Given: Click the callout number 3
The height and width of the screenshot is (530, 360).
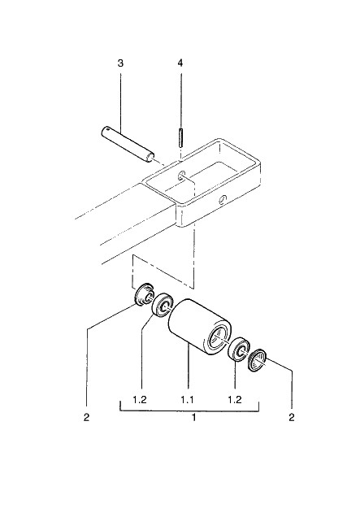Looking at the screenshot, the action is (x=120, y=63).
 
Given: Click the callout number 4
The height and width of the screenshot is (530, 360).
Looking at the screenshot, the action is (x=180, y=63).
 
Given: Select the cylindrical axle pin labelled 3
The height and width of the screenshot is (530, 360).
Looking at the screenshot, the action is (x=128, y=145).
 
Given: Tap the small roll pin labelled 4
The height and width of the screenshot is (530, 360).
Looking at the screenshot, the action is (x=181, y=137).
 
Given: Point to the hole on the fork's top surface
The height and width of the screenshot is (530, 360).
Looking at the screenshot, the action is (x=181, y=176).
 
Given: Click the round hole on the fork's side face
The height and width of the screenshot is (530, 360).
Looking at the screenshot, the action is (x=222, y=199).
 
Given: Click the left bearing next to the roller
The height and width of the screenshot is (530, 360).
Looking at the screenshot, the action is (x=163, y=305).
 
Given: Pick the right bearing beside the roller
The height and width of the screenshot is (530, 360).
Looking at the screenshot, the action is (x=239, y=349).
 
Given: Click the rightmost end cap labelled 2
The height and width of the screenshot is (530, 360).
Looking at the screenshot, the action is (x=258, y=360).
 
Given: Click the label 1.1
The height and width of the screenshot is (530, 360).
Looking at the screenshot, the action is (x=187, y=400).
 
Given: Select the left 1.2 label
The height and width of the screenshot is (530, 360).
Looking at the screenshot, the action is (x=140, y=400).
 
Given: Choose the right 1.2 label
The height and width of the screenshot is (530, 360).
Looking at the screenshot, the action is (x=235, y=400).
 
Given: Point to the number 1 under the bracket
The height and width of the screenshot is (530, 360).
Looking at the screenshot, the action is (x=193, y=418).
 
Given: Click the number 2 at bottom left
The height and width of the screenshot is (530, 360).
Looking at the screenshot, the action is (x=86, y=418).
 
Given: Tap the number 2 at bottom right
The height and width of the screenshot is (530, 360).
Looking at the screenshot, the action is (x=292, y=418).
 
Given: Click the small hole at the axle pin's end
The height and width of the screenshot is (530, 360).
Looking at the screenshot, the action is (x=107, y=128).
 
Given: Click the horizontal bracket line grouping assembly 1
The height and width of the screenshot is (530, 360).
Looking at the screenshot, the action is (x=189, y=411).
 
